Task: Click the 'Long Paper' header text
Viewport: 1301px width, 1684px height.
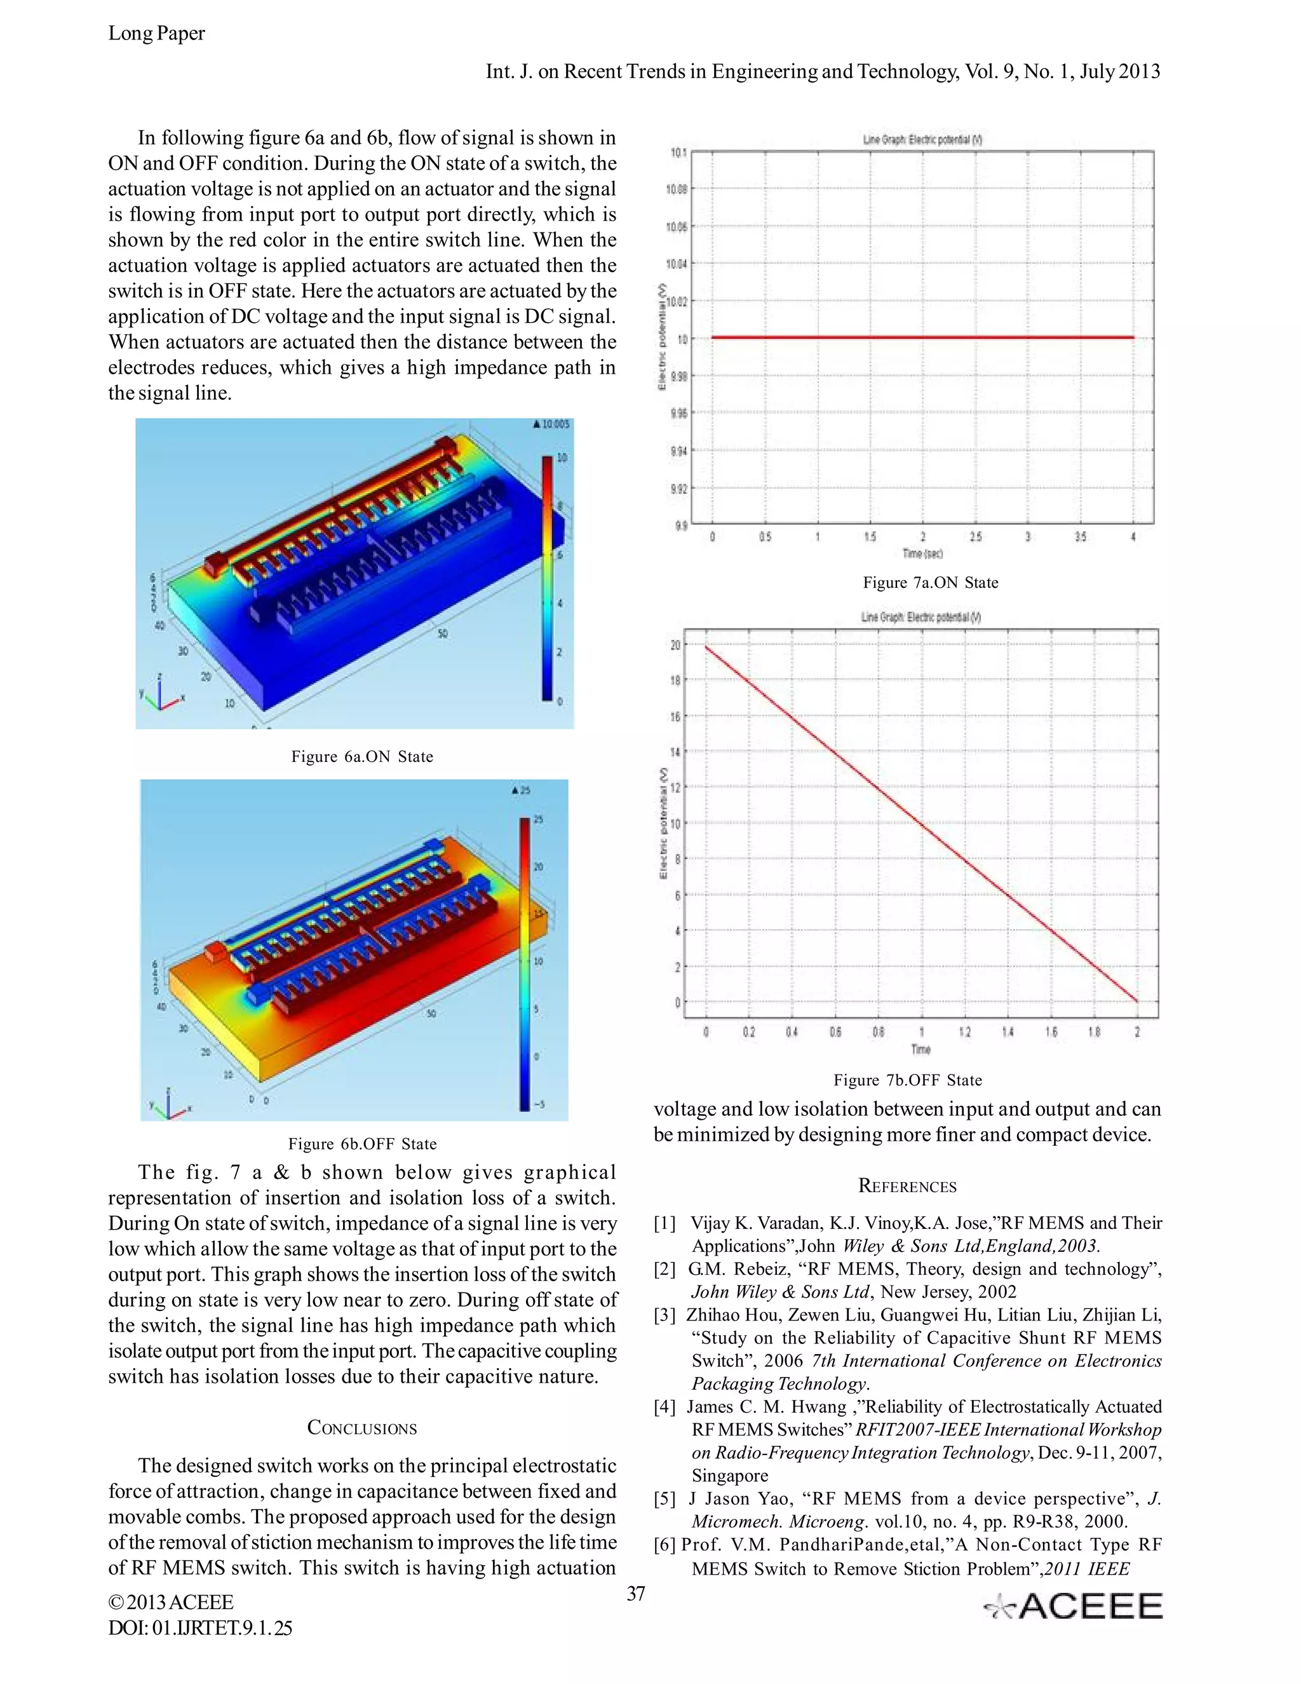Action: click(156, 34)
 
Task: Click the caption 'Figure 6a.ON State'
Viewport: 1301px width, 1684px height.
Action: click(361, 756)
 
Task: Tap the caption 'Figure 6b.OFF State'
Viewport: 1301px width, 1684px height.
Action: click(362, 1143)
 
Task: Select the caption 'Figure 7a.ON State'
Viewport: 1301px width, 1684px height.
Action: click(930, 583)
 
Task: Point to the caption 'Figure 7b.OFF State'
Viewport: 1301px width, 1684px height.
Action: click(907, 1080)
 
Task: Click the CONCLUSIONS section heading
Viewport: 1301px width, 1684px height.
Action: click(361, 1428)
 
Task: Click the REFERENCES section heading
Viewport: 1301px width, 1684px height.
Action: click(907, 1186)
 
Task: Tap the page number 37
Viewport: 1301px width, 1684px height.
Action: click(636, 1594)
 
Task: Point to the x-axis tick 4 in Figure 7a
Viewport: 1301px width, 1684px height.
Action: click(1133, 538)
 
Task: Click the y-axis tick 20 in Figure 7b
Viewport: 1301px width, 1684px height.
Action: click(675, 646)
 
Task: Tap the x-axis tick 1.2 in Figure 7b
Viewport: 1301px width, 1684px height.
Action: click(964, 1033)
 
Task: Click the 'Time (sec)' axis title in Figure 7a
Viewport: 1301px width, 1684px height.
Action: click(922, 553)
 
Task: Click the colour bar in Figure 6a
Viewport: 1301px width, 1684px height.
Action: click(546, 578)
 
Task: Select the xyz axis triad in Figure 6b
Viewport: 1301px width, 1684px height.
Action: click(170, 1104)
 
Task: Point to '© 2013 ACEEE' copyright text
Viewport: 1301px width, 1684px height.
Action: click(170, 1602)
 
